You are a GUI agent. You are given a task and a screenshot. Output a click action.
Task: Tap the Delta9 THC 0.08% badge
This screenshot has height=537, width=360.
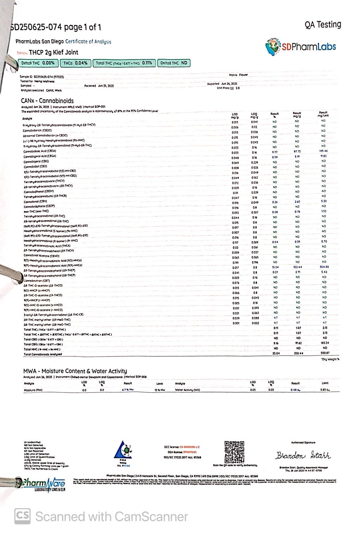[38, 63]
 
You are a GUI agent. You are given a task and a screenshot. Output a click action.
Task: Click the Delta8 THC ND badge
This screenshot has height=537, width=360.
[173, 63]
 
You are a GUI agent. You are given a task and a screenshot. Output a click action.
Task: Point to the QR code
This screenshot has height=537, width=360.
[234, 451]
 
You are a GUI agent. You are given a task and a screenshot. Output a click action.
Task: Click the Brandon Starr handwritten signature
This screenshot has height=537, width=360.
[303, 455]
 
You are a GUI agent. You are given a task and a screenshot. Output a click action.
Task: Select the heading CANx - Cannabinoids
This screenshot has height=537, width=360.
[47, 101]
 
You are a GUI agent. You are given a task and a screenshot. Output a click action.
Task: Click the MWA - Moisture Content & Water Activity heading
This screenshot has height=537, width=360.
[75, 371]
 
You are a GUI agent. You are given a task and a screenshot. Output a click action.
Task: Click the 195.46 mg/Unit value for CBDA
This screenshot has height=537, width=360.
[323, 151]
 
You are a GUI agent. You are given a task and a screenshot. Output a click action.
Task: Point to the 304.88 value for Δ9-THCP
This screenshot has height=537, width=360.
[323, 267]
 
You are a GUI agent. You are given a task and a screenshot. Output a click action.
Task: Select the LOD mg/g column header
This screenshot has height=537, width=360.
[235, 115]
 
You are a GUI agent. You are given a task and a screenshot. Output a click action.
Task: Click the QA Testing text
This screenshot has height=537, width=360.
[323, 25]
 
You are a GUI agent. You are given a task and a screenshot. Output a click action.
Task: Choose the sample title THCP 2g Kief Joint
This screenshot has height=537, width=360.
[53, 52]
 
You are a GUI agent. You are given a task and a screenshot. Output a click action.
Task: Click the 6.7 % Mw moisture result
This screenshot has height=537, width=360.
[128, 390]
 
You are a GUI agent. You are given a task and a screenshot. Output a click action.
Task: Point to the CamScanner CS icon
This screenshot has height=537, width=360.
[22, 516]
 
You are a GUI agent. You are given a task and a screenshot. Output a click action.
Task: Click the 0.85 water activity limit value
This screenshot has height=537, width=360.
[324, 390]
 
